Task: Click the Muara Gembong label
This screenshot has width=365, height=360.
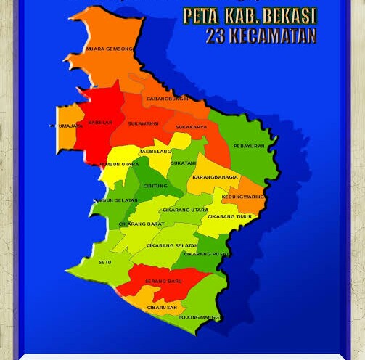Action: point(110,49)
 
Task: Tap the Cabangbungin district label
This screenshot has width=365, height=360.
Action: point(167,99)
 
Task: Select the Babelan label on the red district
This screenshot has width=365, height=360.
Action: point(100,123)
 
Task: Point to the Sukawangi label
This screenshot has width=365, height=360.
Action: point(143,123)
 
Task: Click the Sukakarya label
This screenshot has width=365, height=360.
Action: point(192,127)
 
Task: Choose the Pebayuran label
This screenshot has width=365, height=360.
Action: point(249,146)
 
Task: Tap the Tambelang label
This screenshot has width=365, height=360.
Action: point(155,151)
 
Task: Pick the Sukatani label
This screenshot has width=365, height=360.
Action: point(184,163)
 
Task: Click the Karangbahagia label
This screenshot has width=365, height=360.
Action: point(215,177)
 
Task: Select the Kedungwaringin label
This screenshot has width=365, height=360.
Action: point(243,197)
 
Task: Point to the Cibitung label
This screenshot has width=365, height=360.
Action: point(155,186)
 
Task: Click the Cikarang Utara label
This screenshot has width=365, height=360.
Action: point(185,210)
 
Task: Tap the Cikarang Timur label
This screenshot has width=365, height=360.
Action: point(229,216)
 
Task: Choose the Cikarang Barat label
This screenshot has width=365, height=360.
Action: point(142,224)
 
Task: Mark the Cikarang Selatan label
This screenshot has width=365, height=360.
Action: point(172,245)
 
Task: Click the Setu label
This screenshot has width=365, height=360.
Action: point(105,262)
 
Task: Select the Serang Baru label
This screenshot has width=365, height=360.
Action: point(163,281)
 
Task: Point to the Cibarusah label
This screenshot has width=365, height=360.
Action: point(161,308)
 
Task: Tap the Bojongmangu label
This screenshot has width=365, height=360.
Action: point(200,317)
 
